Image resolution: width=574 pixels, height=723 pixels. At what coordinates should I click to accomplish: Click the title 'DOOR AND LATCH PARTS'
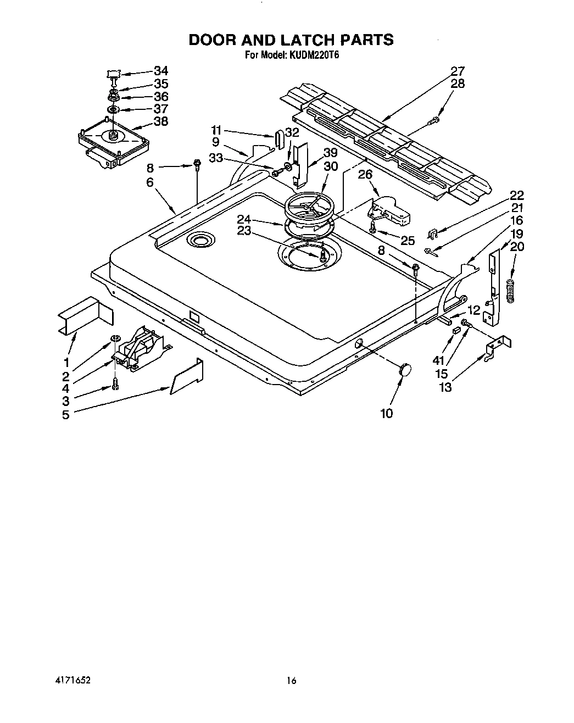pyautogui.click(x=291, y=40)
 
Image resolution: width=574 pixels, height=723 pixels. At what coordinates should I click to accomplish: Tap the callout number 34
pyautogui.click(x=161, y=70)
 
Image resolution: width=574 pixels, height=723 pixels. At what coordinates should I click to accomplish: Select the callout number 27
pyautogui.click(x=458, y=71)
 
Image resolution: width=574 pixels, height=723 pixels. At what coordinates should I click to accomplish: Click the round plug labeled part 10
pyautogui.click(x=406, y=370)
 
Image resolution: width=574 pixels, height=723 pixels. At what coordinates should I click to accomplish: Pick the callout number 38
pyautogui.click(x=161, y=121)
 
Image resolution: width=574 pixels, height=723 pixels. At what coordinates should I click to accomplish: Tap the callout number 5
pyautogui.click(x=66, y=415)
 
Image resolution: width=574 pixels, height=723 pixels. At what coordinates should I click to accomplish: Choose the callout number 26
pyautogui.click(x=365, y=174)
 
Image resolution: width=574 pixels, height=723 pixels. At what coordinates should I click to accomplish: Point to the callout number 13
pyautogui.click(x=445, y=387)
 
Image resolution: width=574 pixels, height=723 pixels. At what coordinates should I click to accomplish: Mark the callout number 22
pyautogui.click(x=516, y=195)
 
